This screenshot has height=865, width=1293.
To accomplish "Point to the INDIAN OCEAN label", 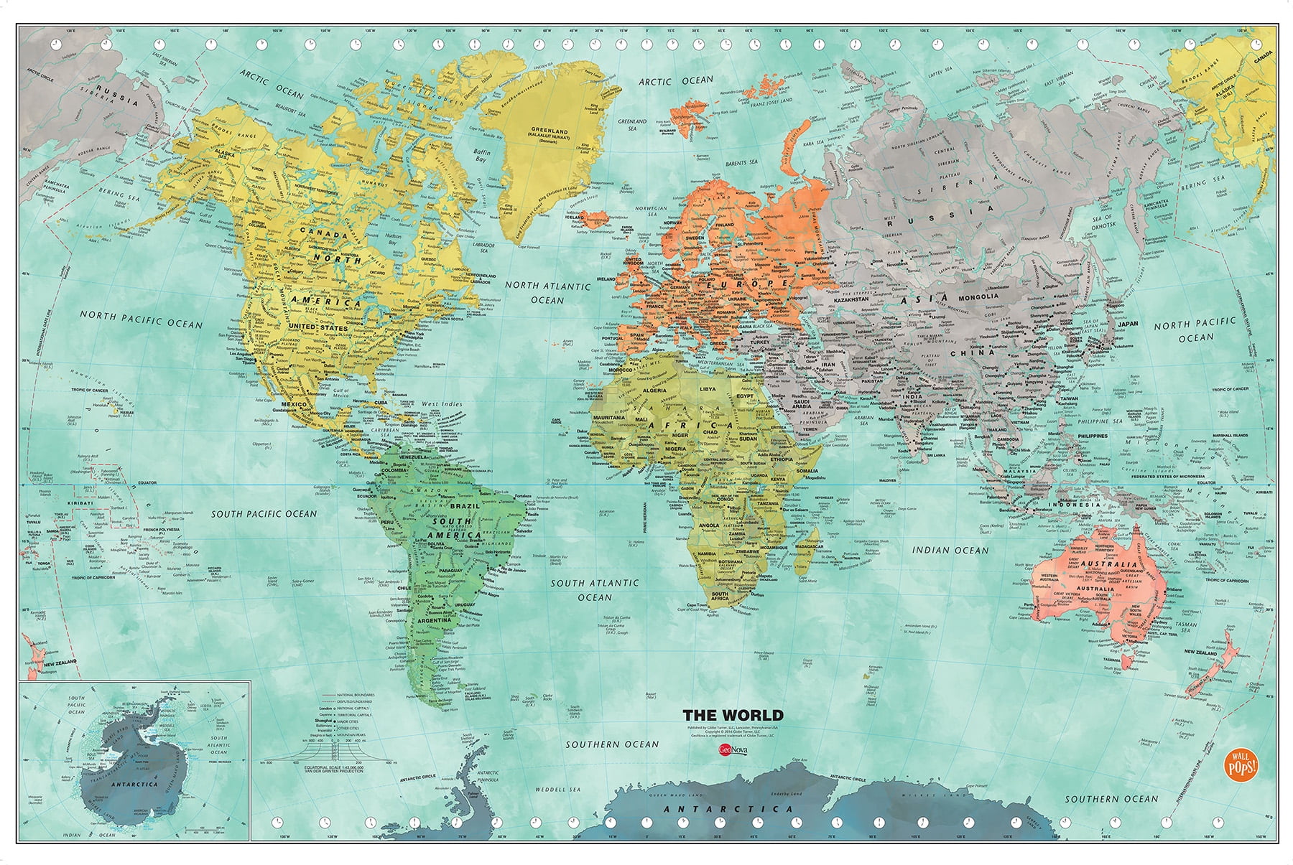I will (x=950, y=550).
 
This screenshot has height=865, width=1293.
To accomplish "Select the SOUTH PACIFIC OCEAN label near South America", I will (x=264, y=513).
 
